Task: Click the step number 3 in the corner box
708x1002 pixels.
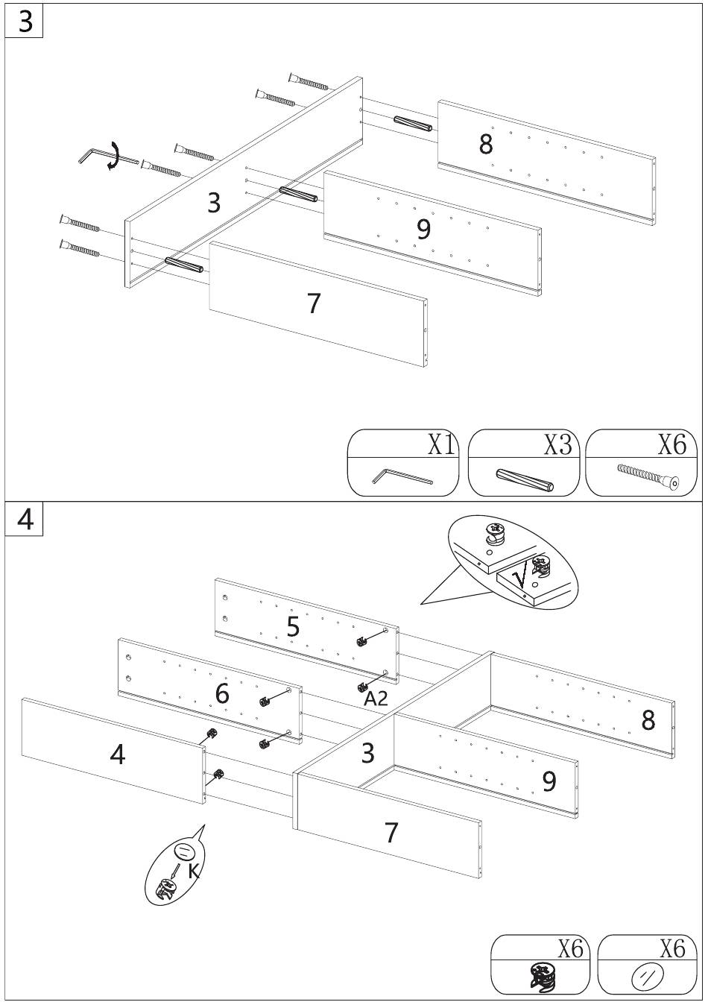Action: pos(25,22)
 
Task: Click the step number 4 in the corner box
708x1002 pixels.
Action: pos(25,520)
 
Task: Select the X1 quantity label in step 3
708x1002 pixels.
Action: pos(440,444)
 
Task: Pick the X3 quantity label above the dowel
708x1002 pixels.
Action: pos(557,444)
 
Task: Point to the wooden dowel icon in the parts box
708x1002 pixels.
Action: pos(525,479)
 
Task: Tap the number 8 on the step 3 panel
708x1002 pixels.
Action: pos(485,144)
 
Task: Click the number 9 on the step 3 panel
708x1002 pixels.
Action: pos(423,229)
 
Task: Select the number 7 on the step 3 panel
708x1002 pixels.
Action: pos(314,303)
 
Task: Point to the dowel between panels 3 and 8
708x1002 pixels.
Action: pos(413,123)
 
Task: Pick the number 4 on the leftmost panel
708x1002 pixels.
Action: pos(118,755)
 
